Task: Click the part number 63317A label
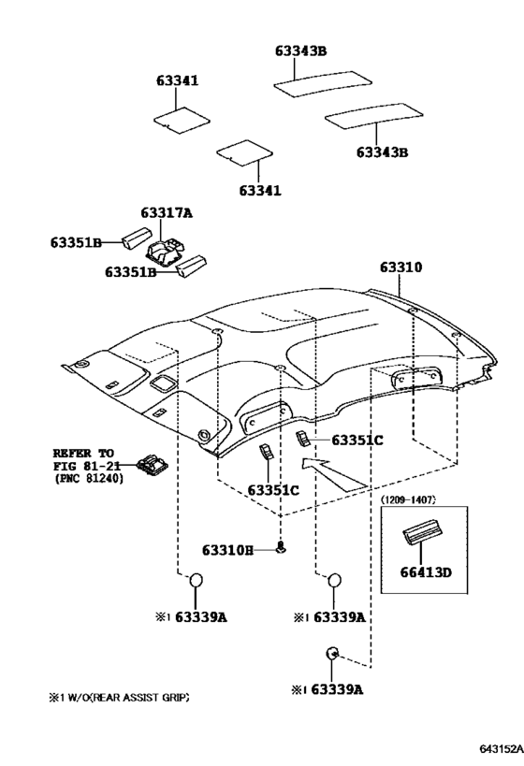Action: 167,213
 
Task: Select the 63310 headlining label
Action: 400,267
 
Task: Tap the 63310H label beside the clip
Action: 227,551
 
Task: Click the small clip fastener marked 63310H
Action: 281,548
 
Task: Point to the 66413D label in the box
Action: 426,572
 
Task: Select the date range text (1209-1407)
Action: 408,499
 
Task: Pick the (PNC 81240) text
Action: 89,479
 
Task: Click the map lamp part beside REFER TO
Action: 154,464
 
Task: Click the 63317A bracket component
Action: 165,253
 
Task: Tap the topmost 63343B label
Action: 300,51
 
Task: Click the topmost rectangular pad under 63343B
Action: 323,84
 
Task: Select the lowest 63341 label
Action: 260,190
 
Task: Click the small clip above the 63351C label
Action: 302,439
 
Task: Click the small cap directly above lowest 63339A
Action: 332,653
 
